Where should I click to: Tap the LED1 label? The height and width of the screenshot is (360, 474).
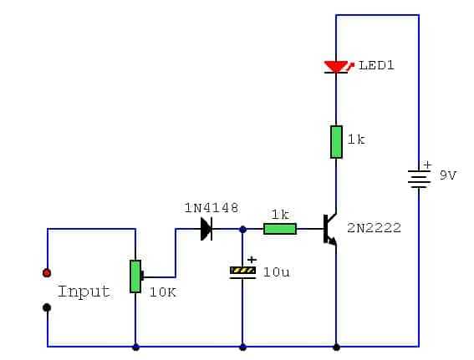pyautogui.click(x=376, y=65)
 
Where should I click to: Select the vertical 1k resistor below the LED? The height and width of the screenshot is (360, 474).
pyautogui.click(x=336, y=142)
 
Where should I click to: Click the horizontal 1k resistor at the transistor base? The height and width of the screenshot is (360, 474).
pyautogui.click(x=280, y=229)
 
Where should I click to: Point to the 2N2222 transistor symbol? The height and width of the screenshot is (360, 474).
pyautogui.click(x=329, y=229)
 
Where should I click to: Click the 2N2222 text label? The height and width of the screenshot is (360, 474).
pyautogui.click(x=375, y=228)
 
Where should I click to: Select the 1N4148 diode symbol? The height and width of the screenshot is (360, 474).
pyautogui.click(x=206, y=229)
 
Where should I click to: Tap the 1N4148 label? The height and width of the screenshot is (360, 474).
pyautogui.click(x=212, y=208)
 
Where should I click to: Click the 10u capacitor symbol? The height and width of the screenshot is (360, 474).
pyautogui.click(x=242, y=273)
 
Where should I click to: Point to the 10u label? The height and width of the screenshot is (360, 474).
pyautogui.click(x=277, y=272)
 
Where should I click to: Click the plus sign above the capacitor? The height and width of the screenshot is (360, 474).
pyautogui.click(x=252, y=260)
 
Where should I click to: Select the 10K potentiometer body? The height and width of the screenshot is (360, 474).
pyautogui.click(x=135, y=276)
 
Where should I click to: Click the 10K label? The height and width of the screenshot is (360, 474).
pyautogui.click(x=163, y=292)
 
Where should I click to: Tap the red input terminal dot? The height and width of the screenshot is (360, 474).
pyautogui.click(x=47, y=273)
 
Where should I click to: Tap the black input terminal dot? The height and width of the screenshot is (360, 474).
pyautogui.click(x=47, y=307)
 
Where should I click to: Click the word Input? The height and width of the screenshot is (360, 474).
pyautogui.click(x=84, y=292)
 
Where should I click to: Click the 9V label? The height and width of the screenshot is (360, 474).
pyautogui.click(x=448, y=175)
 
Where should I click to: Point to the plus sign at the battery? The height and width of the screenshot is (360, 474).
pyautogui.click(x=427, y=165)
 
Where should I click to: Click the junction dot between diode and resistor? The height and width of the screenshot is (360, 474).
pyautogui.click(x=242, y=230)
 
